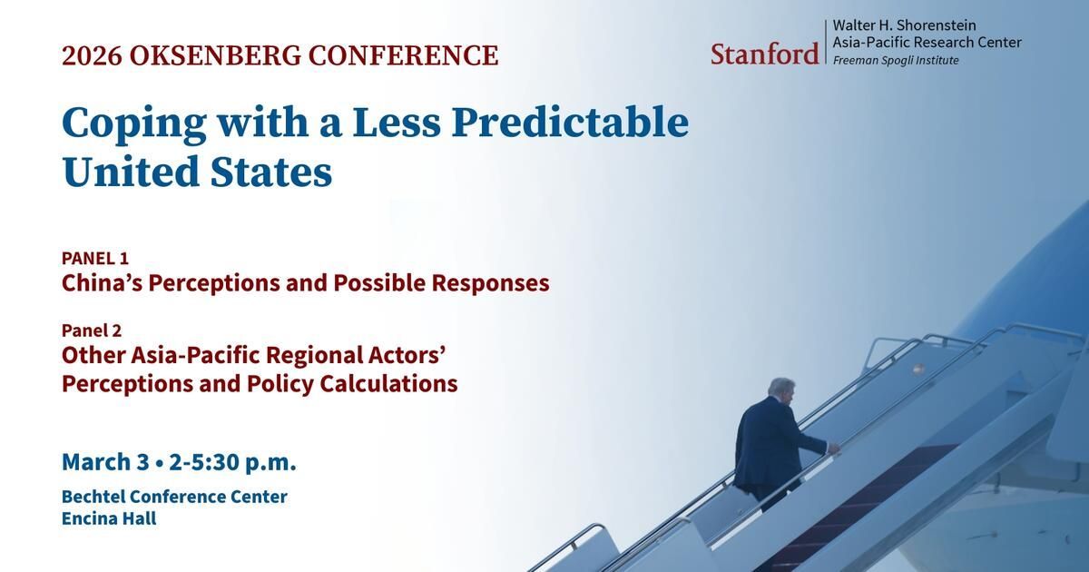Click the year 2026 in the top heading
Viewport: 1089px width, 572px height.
(x=92, y=55)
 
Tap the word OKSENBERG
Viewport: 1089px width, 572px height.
(x=215, y=55)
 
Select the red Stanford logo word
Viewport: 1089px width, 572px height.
(x=765, y=54)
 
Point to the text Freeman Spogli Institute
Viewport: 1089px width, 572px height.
(x=896, y=61)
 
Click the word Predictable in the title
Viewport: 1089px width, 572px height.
(x=570, y=123)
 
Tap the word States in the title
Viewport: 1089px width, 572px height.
(x=271, y=172)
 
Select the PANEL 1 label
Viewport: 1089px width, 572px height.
(x=95, y=258)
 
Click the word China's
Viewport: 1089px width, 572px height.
(x=102, y=282)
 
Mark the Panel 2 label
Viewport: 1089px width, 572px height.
(x=92, y=330)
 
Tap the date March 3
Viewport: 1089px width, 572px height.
(x=105, y=461)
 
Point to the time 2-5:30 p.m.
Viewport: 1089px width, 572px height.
(x=233, y=462)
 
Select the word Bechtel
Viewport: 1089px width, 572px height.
(x=93, y=497)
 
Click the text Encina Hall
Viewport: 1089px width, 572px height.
(x=109, y=518)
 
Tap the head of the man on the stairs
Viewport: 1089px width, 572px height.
(x=780, y=390)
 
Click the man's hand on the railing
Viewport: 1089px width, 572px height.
(x=834, y=449)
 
